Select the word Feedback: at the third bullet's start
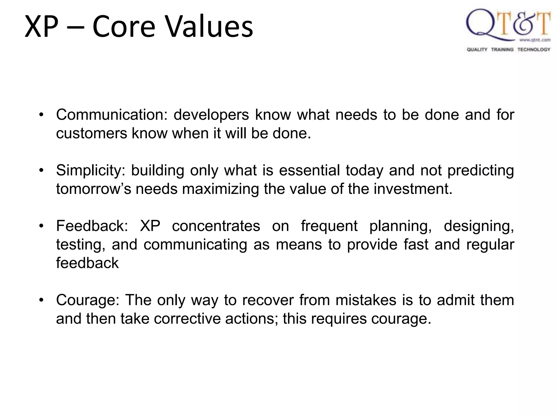click(x=92, y=226)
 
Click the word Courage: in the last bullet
click(x=88, y=300)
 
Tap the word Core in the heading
click(x=124, y=27)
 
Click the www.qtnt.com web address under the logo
click(x=535, y=40)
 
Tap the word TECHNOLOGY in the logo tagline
click(x=534, y=49)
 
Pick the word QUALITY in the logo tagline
click(x=477, y=49)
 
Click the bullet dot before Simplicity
click(x=41, y=171)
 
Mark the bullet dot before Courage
click(x=41, y=300)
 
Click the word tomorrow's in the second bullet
click(x=94, y=189)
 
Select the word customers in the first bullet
click(x=91, y=134)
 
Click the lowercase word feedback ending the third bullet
click(x=87, y=263)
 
